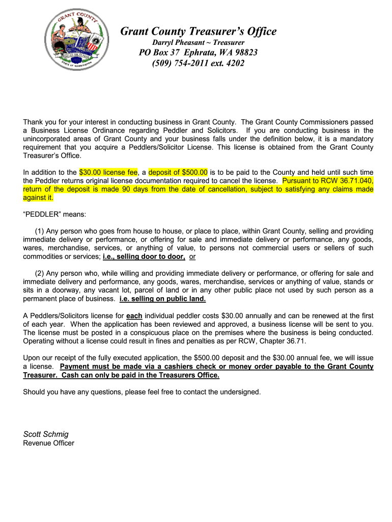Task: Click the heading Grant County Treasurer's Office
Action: (x=199, y=32)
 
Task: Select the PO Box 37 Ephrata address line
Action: (x=199, y=53)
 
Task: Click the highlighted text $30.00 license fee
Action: (x=108, y=172)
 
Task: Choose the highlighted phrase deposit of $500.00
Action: (x=178, y=172)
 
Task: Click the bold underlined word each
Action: (x=134, y=316)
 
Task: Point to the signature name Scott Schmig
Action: (x=46, y=434)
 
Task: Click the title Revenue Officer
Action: (x=48, y=443)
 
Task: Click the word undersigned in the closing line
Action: (x=239, y=392)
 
